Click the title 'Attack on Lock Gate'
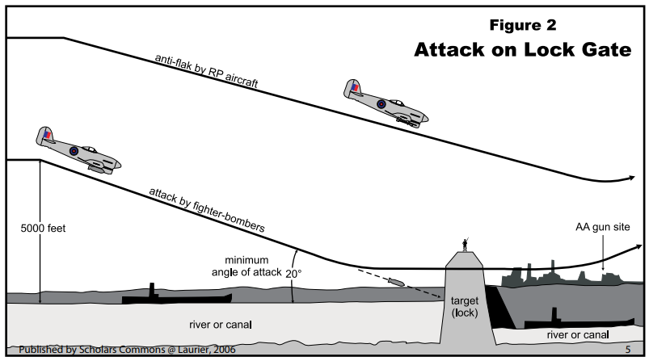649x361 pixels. (x=521, y=50)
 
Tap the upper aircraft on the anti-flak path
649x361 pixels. (x=384, y=102)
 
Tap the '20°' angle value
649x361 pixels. (x=293, y=273)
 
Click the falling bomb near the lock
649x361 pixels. (x=397, y=281)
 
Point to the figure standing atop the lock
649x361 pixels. (x=465, y=243)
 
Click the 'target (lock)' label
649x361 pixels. (x=466, y=306)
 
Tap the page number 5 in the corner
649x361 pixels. (x=628, y=351)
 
